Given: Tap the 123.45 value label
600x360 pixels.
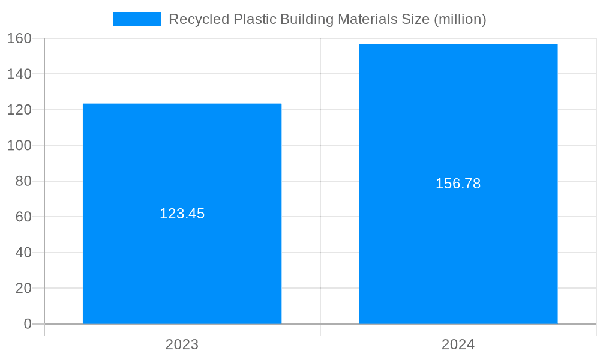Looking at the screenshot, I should coord(182,214).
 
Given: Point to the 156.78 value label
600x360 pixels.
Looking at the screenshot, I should coord(458,184).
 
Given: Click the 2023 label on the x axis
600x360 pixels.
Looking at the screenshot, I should coord(182,344).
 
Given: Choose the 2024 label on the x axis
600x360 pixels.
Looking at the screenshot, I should coord(458,344).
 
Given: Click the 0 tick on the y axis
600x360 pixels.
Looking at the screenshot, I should coord(28,324).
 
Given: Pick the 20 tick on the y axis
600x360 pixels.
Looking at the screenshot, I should coord(23,288).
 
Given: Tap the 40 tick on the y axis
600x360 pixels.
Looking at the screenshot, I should coord(23,253).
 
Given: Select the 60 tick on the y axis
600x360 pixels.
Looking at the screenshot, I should coord(23,217).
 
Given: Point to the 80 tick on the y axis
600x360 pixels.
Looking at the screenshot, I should coord(23,181).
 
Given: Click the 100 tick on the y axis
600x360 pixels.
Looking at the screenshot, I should coord(20,145).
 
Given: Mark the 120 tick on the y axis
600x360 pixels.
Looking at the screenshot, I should coord(20,110).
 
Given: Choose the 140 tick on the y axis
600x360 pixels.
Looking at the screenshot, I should coord(20,74).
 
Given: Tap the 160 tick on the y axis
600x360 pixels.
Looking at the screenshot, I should coord(20,38).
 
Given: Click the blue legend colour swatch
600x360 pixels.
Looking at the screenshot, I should coord(137,19).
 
